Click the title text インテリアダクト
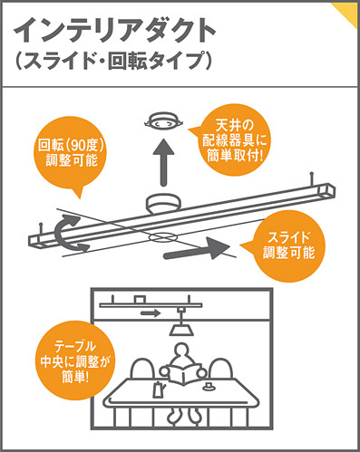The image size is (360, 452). click(114, 31)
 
